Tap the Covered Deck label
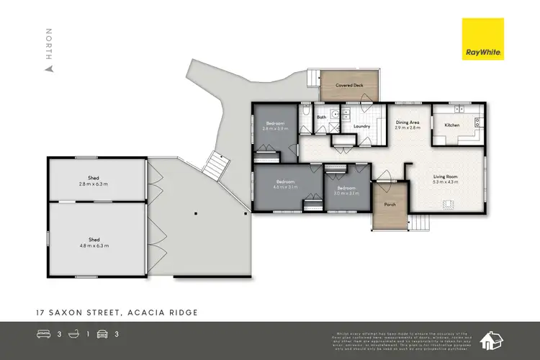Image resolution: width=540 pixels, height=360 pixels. (x=348, y=85)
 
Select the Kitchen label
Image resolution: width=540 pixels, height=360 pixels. (x=451, y=125)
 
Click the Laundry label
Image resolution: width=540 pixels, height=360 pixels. (x=361, y=127)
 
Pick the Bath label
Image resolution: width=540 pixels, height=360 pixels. (x=322, y=117)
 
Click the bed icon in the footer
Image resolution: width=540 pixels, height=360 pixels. (x=43, y=333)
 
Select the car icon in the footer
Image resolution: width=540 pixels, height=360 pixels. (x=104, y=333)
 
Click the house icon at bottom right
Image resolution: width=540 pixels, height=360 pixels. (x=493, y=338)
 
